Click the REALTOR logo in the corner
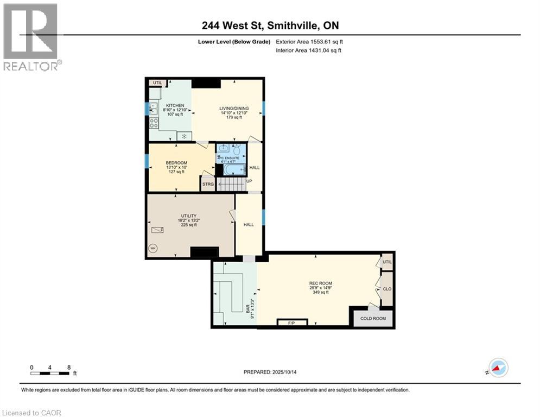[31, 37]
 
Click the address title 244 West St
[270, 25]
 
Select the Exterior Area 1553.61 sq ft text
[309, 41]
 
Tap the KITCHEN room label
[175, 105]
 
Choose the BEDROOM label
[176, 163]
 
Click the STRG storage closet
[208, 184]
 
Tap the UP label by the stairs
[250, 181]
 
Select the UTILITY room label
[189, 216]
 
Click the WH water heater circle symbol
[153, 248]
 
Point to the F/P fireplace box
[292, 323]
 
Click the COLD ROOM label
[374, 318]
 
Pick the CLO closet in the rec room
[387, 289]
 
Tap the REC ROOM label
[320, 283]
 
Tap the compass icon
[498, 368]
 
